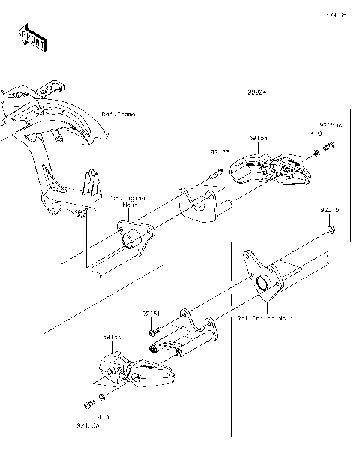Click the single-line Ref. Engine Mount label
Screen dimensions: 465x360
pos(266,318)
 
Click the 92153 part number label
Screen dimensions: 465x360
pos(219,152)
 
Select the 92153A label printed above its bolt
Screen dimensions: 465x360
pos(331,125)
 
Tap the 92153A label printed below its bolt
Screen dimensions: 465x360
pos(88,425)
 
